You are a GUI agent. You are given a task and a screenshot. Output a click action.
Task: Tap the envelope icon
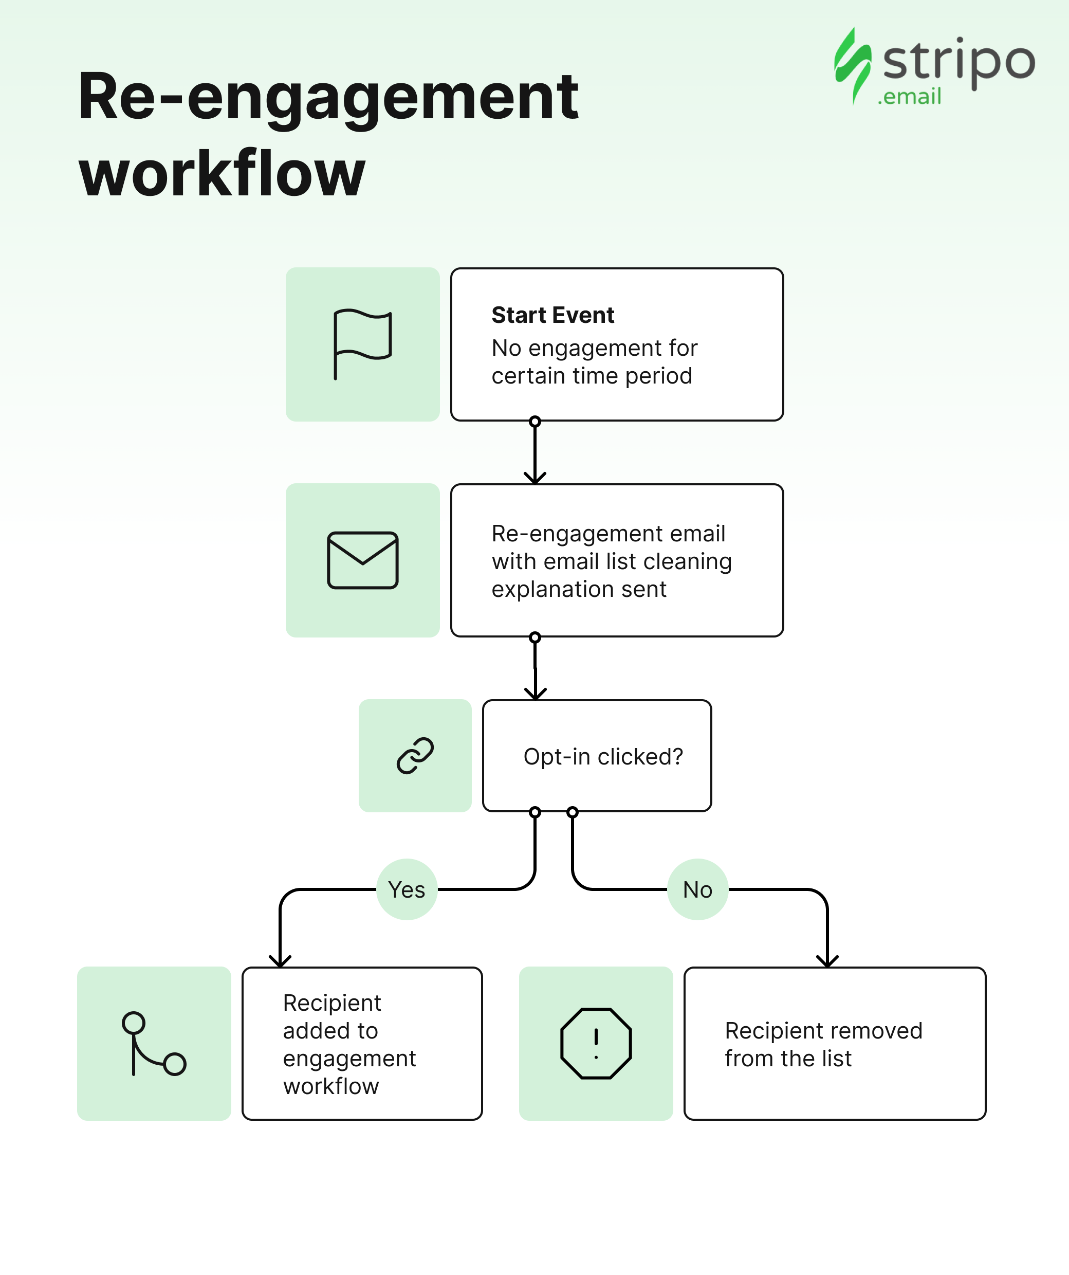[362, 560]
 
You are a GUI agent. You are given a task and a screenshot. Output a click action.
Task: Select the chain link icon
[415, 756]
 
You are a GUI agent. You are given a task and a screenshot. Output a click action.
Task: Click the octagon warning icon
[596, 1044]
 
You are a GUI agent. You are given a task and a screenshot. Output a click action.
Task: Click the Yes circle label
[407, 889]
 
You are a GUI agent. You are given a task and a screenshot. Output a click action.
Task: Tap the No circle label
[697, 889]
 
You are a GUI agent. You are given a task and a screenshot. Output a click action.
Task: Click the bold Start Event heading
[552, 315]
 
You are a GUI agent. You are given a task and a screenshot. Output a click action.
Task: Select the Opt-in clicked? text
[603, 756]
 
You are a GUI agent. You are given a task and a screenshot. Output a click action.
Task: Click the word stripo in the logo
[959, 61]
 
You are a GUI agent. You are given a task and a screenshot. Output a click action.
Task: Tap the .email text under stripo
[909, 97]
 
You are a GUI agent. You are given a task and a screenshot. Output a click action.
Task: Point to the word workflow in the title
[222, 174]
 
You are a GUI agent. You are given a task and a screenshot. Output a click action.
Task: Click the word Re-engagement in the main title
[328, 97]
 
